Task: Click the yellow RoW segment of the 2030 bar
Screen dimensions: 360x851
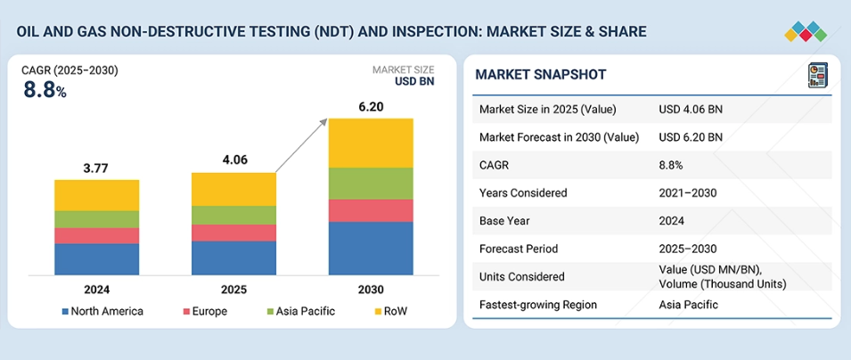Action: click(371, 143)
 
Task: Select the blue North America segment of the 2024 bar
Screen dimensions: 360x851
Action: click(96, 258)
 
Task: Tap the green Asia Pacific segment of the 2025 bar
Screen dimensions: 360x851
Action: click(233, 215)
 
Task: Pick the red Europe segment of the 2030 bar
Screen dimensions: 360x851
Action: click(371, 210)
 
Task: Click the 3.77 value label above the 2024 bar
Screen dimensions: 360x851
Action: click(96, 167)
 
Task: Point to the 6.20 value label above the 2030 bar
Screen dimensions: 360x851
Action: click(371, 106)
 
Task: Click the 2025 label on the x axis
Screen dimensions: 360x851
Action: click(233, 290)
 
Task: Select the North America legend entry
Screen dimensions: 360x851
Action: click(102, 311)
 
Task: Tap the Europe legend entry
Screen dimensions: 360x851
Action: click(206, 311)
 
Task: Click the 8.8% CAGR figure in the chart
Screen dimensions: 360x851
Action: click(45, 89)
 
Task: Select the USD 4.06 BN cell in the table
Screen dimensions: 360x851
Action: click(691, 110)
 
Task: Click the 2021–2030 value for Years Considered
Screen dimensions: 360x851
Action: click(688, 193)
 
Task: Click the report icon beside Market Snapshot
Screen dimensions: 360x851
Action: click(816, 75)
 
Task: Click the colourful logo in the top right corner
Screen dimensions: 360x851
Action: click(806, 30)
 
